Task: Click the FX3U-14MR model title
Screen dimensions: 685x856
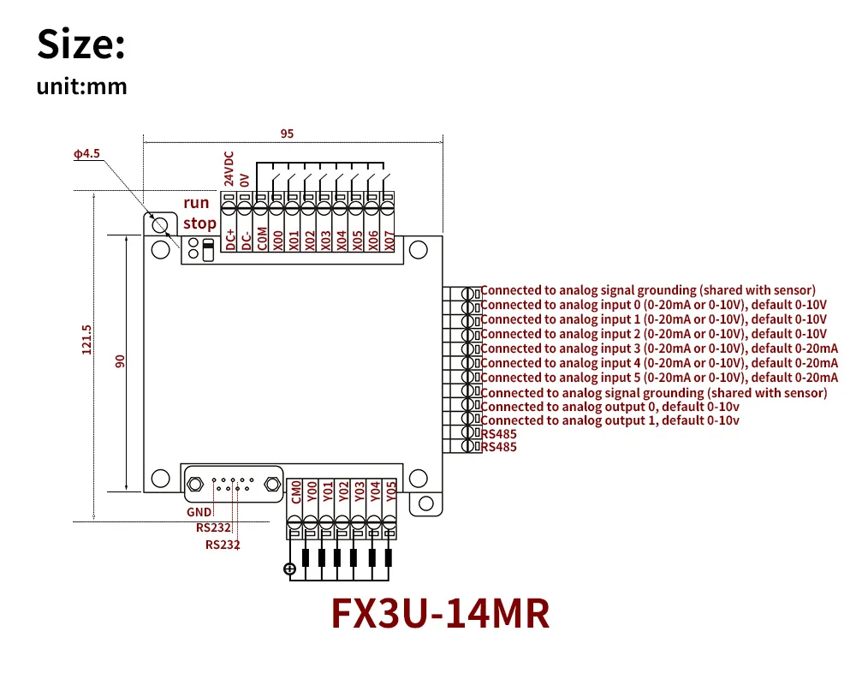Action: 440,613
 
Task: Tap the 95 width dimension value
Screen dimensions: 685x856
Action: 287,134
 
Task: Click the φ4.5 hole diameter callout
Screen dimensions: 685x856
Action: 86,154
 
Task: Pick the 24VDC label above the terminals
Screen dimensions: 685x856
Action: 229,170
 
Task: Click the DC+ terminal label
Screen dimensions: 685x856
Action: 230,239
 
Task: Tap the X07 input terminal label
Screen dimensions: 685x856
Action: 389,241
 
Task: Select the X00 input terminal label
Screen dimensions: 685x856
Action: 277,241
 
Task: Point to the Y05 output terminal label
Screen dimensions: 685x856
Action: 391,491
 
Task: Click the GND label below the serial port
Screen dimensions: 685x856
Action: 199,513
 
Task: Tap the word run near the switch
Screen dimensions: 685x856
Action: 196,203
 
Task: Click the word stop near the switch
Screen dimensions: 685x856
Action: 199,223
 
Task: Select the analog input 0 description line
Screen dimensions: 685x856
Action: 654,305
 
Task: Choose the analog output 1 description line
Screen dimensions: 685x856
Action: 609,420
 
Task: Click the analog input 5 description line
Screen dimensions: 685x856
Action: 659,378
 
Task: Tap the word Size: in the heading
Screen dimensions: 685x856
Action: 81,45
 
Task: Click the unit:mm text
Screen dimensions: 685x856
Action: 81,87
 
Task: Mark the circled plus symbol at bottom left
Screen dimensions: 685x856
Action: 289,568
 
